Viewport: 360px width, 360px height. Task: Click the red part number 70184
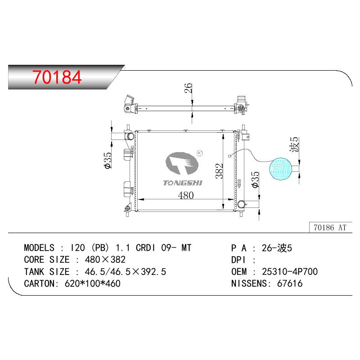pyautogui.click(x=57, y=77)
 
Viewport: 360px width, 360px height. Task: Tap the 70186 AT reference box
pyautogui.click(x=331, y=228)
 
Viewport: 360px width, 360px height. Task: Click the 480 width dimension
pyautogui.click(x=186, y=195)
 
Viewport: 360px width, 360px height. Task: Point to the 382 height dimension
pyautogui.click(x=219, y=171)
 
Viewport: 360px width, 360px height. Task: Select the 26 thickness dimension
pyautogui.click(x=188, y=88)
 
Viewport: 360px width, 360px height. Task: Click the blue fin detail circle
pyautogui.click(x=280, y=169)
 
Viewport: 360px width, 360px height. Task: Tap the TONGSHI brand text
pyautogui.click(x=183, y=183)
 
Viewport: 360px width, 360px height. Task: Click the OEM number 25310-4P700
pyautogui.click(x=290, y=272)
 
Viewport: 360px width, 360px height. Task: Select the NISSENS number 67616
pyautogui.click(x=290, y=283)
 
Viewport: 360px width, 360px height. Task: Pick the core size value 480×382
pyautogui.click(x=105, y=260)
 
